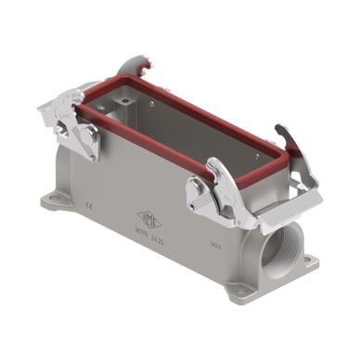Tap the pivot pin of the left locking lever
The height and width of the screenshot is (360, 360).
point(90,138)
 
